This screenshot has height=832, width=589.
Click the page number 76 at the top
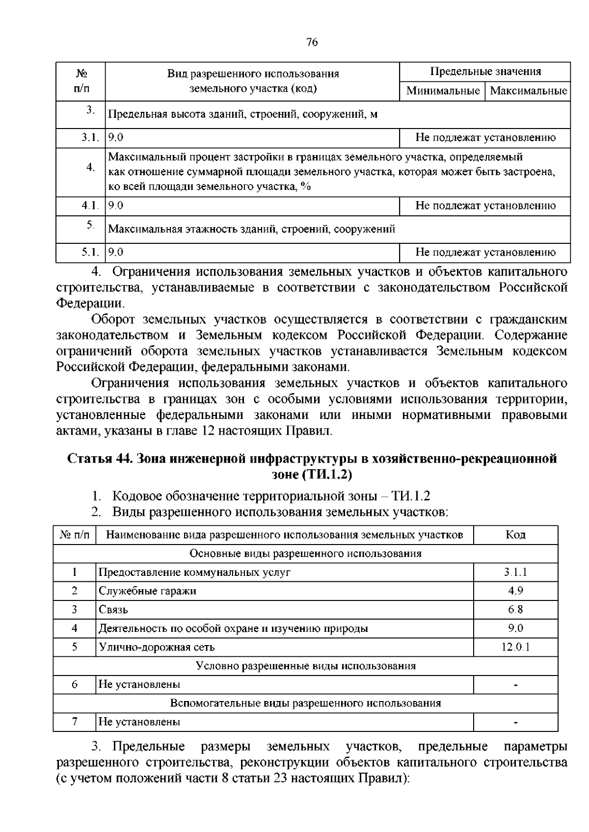click(312, 42)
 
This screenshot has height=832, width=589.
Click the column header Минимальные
click(443, 91)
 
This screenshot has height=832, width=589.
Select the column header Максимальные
click(528, 91)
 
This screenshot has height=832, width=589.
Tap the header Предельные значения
click(485, 72)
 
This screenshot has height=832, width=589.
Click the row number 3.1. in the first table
click(91, 138)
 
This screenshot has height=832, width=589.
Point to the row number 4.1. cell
click(91, 206)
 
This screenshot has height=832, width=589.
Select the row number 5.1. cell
click(91, 252)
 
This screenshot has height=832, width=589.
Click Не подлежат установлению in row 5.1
click(485, 252)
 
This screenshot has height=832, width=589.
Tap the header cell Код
click(515, 535)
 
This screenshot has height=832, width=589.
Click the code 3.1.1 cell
click(515, 572)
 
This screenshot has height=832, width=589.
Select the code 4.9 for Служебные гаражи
click(515, 591)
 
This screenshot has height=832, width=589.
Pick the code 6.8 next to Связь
click(515, 609)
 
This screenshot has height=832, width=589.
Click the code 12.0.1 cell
click(515, 647)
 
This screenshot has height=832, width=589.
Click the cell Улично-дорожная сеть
click(157, 647)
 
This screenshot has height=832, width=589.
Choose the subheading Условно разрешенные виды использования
click(305, 666)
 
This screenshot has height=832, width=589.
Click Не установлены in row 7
click(139, 722)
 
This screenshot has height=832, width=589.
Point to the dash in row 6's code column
click(515, 685)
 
